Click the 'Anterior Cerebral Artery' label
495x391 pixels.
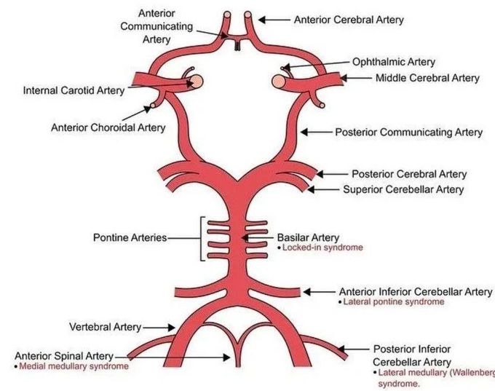[x=349, y=20]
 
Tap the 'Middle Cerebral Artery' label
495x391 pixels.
[x=427, y=78]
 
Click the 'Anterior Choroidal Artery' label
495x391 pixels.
[x=108, y=127]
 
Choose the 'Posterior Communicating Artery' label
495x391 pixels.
[x=408, y=133]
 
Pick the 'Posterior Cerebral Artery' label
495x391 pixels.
[x=409, y=174]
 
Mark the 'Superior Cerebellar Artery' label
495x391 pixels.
[x=403, y=189]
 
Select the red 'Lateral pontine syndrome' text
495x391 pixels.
[x=390, y=301]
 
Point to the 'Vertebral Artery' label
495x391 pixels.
[x=106, y=327]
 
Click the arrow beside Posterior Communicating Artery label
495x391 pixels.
[x=315, y=133]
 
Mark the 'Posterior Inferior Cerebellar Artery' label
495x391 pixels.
[x=411, y=355]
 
